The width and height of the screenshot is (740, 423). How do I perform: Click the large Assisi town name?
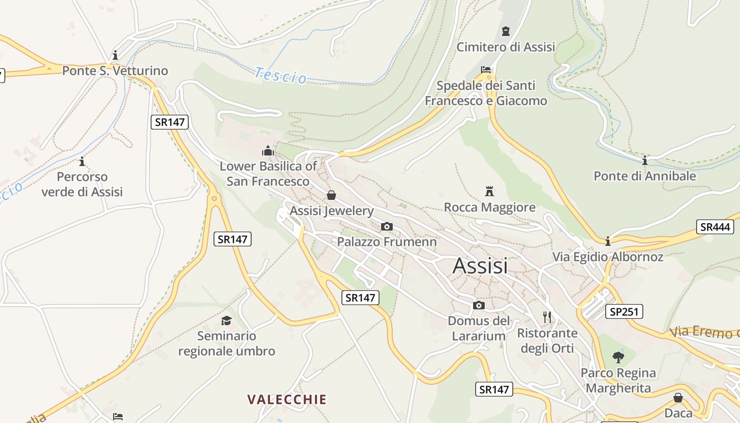480,265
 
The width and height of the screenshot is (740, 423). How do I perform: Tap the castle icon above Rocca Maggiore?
489,191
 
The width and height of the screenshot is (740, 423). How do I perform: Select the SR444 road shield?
715,227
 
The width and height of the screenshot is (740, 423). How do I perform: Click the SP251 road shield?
624,312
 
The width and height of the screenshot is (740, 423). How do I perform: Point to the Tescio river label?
280,76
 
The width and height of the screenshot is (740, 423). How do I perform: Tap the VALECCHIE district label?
287,399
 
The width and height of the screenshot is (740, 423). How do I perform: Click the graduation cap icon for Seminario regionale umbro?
226,320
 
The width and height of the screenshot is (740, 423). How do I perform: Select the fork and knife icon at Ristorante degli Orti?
547,317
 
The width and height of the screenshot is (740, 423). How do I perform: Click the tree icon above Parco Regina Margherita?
618,357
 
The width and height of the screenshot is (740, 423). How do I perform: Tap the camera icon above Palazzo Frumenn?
387,227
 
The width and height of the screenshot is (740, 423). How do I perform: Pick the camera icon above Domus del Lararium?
479,306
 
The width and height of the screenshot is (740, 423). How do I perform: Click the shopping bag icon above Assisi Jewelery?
331,195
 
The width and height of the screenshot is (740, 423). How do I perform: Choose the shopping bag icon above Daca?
678,398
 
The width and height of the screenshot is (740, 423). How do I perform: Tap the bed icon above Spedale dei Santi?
486,70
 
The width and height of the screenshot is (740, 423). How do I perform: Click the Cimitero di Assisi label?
506,47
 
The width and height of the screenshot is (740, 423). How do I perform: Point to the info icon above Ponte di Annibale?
644,161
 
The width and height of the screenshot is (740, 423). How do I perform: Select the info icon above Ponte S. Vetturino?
115,55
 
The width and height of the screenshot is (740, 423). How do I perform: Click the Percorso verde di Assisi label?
82,184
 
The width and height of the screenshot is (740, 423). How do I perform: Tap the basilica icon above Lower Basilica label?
268,151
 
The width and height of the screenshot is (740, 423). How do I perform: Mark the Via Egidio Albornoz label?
607,257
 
